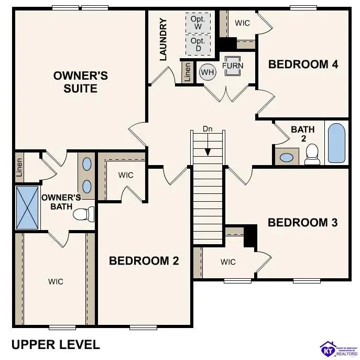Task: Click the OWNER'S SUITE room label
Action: pos(81,82)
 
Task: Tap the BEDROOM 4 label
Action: pos(303,64)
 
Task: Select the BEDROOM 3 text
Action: pos(302,222)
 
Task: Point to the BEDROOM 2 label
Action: pos(144,260)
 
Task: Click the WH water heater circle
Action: pos(208,72)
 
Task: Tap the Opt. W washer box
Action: pos(198,23)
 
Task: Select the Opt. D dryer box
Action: pos(198,45)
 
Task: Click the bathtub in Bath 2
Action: pos(336,143)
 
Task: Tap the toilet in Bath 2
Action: pos(312,154)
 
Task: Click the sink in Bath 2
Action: pos(286,157)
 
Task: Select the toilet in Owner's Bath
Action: pos(83,214)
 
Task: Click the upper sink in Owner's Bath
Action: pos(87,163)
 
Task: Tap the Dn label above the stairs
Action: pos(208,129)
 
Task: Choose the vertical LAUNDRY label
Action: pos(163,39)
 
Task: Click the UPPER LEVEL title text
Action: pos(56,344)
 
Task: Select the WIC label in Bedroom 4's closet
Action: pos(242,23)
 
